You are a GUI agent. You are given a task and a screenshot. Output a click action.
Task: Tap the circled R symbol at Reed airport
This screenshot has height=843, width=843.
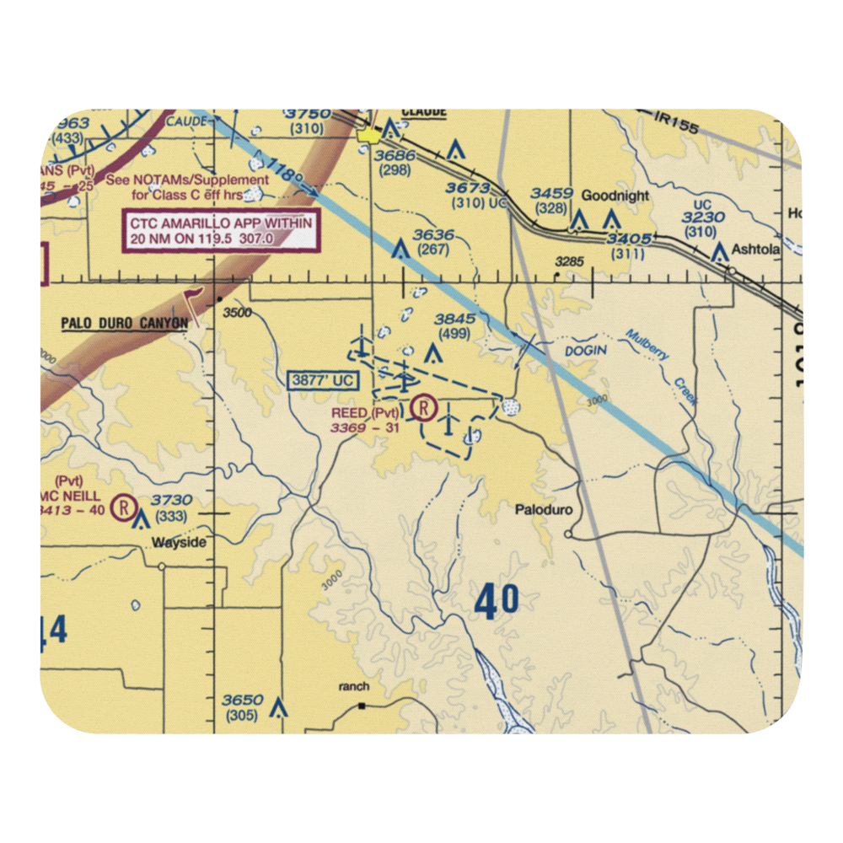[425, 410]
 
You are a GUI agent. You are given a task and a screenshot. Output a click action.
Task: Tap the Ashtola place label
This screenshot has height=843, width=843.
[756, 250]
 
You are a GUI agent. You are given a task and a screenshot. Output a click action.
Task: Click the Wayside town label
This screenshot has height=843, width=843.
[178, 542]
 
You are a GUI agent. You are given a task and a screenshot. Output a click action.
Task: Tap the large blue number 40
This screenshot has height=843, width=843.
[497, 602]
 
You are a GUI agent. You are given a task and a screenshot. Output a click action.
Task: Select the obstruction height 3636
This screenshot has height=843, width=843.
[433, 235]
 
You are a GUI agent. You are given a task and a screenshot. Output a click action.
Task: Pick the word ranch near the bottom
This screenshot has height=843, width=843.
[354, 687]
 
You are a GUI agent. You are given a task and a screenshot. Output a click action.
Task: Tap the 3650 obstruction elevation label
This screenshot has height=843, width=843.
[242, 700]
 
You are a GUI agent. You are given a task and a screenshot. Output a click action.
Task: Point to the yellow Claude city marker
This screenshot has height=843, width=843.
[367, 134]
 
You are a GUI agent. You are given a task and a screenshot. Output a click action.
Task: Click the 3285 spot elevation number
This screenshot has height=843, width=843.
[569, 262]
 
